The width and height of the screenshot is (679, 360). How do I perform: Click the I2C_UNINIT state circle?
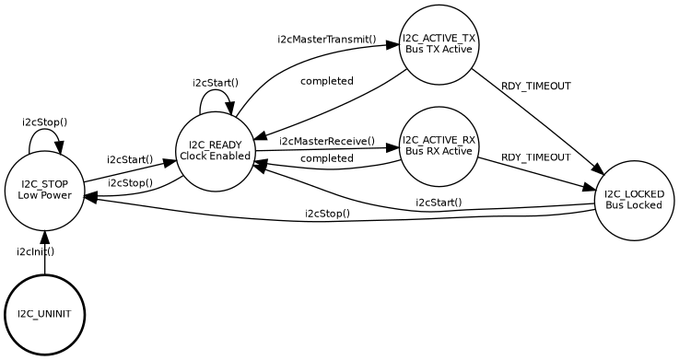coord(44,314)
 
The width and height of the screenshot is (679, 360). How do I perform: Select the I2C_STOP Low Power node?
coord(43,190)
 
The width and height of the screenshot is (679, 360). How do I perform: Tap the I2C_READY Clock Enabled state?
coord(215,150)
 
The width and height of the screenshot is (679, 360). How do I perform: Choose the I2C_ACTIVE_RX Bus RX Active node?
coord(439,145)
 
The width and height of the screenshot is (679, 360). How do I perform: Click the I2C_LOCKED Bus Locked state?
coord(634,199)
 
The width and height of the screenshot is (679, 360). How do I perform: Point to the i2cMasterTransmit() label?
coord(327,40)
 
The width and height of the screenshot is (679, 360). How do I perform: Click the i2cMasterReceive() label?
coord(327,141)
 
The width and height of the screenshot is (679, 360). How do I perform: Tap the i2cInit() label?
coord(35,251)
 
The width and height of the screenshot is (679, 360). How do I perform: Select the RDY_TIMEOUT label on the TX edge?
coord(535,86)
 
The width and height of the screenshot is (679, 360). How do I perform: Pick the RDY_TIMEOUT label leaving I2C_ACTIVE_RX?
coord(535,157)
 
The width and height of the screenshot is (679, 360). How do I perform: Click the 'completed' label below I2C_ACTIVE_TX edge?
coord(327,81)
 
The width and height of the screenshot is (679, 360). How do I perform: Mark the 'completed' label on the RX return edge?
coord(327,158)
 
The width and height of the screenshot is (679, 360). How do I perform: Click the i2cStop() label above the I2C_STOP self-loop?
coord(44,122)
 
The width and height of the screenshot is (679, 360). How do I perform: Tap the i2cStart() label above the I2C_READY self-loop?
coord(216,82)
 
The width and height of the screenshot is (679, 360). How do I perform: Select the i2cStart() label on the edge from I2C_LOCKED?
coord(439,203)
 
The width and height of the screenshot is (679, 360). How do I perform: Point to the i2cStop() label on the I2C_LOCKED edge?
coord(327,214)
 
